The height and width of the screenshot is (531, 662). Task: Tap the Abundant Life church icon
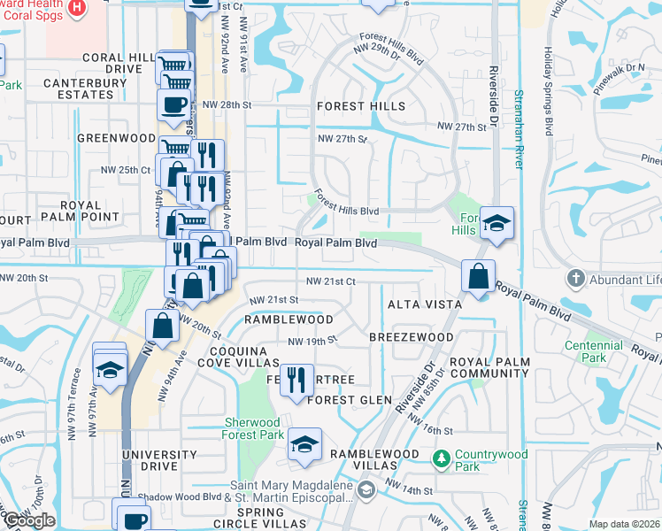coord(576,280)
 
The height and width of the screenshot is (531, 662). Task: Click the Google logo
coord(29,520)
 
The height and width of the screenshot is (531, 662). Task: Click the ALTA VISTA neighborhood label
coord(425,304)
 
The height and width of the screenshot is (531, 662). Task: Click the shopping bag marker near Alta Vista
coord(478,277)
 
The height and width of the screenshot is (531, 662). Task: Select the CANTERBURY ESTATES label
coord(85,90)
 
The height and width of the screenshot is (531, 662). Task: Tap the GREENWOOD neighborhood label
coord(116,138)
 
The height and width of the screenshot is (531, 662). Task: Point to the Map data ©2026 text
coord(624,524)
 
